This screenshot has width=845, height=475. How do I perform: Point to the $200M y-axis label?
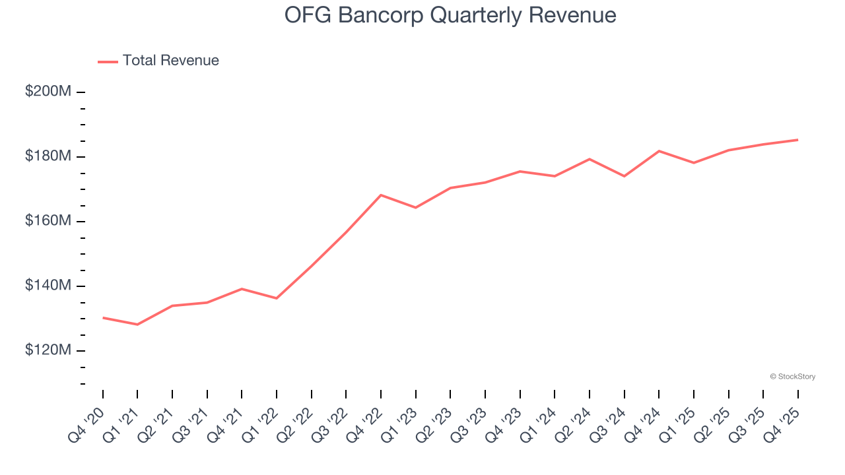(x=48, y=92)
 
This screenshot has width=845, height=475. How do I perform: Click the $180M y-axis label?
(x=48, y=156)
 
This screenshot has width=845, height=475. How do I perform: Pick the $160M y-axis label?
(x=48, y=221)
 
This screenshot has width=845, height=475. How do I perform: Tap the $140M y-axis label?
(x=48, y=286)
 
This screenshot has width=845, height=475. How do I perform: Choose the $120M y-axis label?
(x=48, y=350)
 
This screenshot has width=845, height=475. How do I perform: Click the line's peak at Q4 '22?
(x=381, y=195)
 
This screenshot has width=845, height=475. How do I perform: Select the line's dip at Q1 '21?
(x=137, y=325)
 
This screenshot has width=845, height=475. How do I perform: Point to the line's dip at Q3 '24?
(x=624, y=176)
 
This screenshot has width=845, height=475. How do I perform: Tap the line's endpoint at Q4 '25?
(x=797, y=140)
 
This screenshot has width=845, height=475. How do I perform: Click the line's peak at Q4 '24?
(x=659, y=151)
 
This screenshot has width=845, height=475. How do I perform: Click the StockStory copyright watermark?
(x=792, y=377)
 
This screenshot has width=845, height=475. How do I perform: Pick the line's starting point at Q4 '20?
(x=103, y=317)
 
